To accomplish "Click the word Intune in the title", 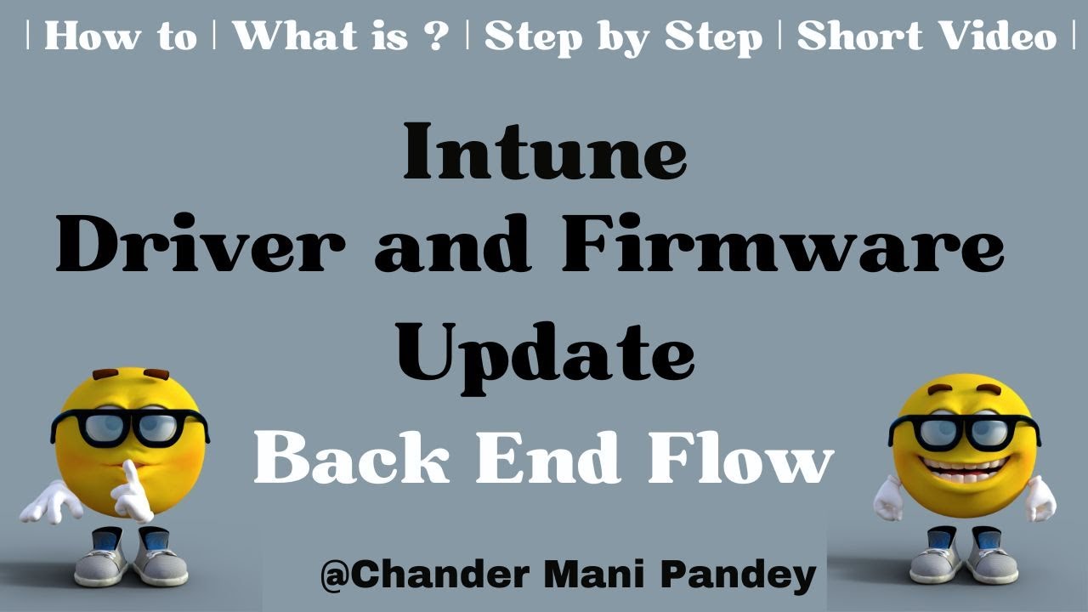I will pos(544,151).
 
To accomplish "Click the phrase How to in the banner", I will pos(120,37).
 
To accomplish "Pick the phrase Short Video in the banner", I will pos(926,37).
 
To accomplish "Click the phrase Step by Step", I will pos(623,37).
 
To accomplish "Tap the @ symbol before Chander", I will pos(333,576).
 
